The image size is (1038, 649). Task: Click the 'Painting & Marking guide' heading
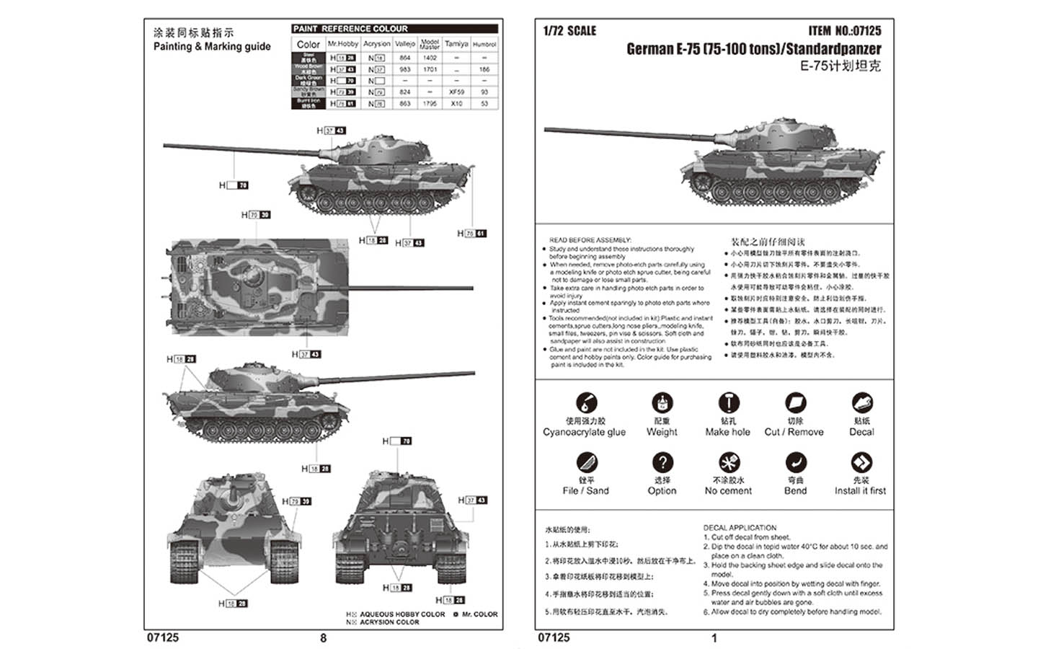(x=212, y=46)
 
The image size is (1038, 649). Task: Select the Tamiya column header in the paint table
(x=456, y=44)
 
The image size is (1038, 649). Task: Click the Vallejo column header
(x=405, y=44)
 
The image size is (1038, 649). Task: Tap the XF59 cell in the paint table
(x=456, y=92)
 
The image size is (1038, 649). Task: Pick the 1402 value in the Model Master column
(x=430, y=58)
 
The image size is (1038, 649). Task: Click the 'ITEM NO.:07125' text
(x=844, y=31)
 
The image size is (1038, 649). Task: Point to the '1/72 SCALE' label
(x=569, y=31)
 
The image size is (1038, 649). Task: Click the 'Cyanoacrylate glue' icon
(x=586, y=402)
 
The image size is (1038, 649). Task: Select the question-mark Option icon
(x=662, y=462)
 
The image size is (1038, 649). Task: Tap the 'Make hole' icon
(x=728, y=402)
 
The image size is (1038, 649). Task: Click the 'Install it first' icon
(x=861, y=462)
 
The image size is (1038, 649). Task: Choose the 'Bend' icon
(x=795, y=462)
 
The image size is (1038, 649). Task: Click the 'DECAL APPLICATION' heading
(x=740, y=528)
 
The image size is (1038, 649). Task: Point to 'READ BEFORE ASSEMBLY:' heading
(x=590, y=240)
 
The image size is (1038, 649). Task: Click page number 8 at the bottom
(x=323, y=637)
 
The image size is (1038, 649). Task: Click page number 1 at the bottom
(x=714, y=637)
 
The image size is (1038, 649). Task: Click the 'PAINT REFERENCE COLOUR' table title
(x=350, y=29)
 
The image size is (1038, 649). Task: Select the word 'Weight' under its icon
(x=662, y=432)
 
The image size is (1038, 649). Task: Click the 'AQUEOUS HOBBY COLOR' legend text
(x=402, y=614)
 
